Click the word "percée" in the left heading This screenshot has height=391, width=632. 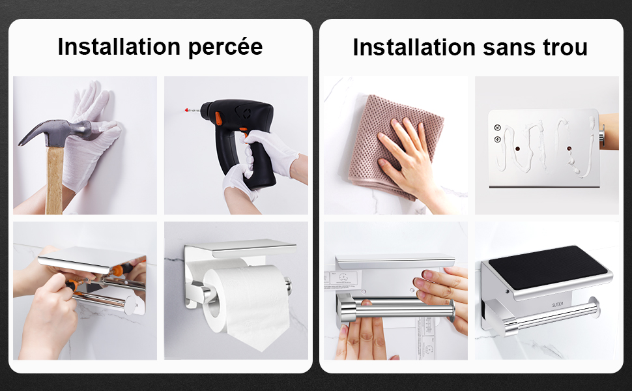point(225,48)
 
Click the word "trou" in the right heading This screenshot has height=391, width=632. point(565,47)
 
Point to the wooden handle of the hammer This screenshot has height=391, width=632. point(54,180)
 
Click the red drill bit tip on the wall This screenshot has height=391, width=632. point(186,110)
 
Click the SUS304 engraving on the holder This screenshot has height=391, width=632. point(558,304)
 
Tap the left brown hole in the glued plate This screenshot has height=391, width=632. point(517,149)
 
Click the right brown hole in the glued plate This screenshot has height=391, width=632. point(569,149)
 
